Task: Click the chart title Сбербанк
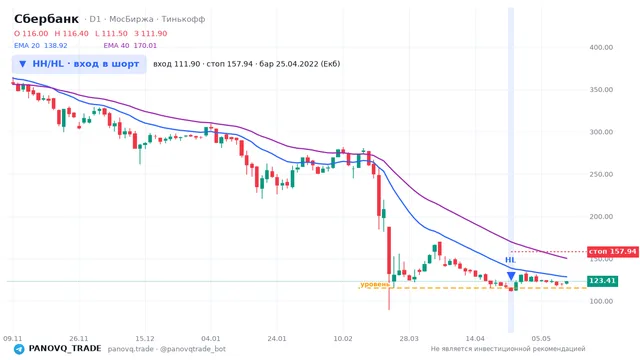coord(46,19)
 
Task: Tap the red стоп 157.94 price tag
coord(612,251)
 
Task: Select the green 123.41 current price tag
coord(602,281)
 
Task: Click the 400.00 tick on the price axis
coord(601,47)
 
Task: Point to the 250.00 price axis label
coord(601,174)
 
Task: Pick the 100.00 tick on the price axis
coord(601,301)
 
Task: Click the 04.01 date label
coord(211,338)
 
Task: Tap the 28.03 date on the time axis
coord(409,338)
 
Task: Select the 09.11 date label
coord(12,338)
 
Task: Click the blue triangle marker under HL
coord(511,276)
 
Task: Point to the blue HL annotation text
coord(510,260)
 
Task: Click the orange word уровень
coord(375,284)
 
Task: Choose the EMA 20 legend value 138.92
coord(56,46)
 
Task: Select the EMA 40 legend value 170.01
coord(145,46)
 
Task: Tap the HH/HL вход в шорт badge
coord(79,64)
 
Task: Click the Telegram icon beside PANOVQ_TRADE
coord(19,349)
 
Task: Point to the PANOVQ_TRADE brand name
coord(65,349)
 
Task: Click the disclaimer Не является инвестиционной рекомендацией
coord(508,349)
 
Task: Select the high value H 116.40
coord(71,33)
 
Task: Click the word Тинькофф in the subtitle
coord(183,19)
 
